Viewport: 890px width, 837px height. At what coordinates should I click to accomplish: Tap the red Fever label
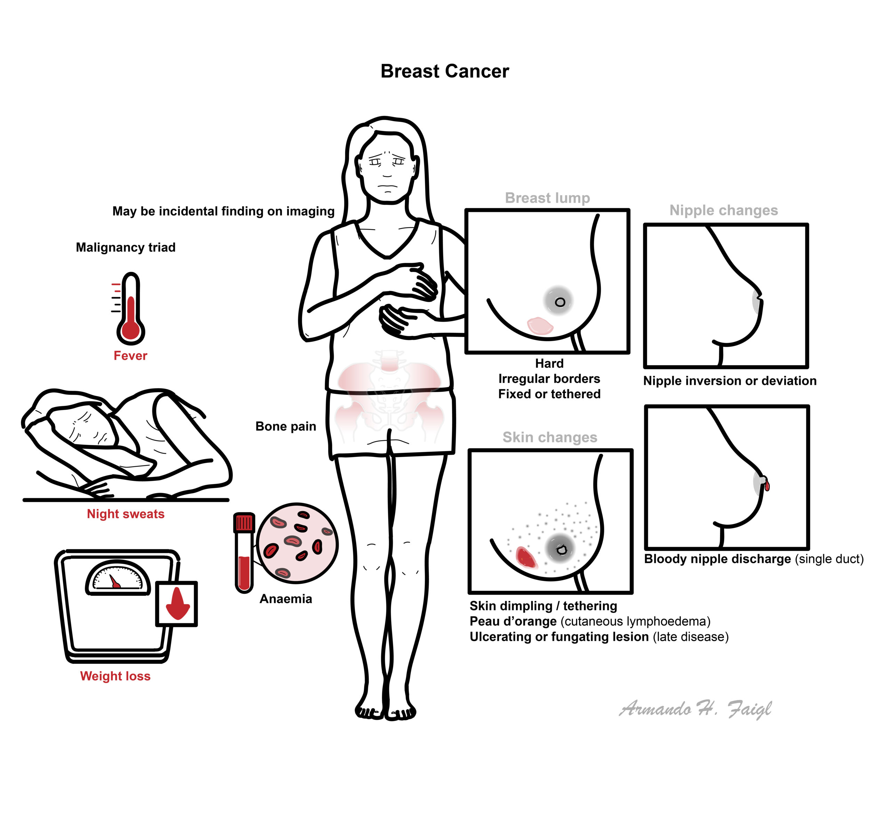pyautogui.click(x=130, y=356)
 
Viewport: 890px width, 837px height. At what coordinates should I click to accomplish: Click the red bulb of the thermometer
pyautogui.click(x=131, y=330)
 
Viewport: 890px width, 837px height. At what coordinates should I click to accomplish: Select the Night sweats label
pyautogui.click(x=126, y=514)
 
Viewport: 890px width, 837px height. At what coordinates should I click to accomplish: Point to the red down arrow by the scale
pyautogui.click(x=178, y=603)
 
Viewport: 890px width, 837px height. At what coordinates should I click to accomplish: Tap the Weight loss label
pyautogui.click(x=115, y=676)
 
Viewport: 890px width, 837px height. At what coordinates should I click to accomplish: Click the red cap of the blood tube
pyautogui.click(x=244, y=522)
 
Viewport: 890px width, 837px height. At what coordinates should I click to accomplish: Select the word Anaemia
pyautogui.click(x=286, y=599)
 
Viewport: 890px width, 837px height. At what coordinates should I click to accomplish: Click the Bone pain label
pyautogui.click(x=286, y=426)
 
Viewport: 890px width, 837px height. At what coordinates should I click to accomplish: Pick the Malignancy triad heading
pyautogui.click(x=126, y=247)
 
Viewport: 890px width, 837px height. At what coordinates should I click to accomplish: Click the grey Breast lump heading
pyautogui.click(x=547, y=198)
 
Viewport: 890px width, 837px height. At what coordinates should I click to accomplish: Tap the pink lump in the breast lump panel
pyautogui.click(x=540, y=325)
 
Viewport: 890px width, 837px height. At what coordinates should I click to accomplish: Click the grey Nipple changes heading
pyautogui.click(x=723, y=210)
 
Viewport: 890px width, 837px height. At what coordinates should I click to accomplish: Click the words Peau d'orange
pyautogui.click(x=513, y=621)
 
